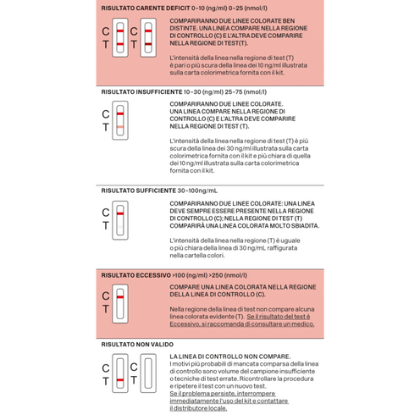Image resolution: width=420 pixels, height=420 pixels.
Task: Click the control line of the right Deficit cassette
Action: (x=148, y=30)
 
